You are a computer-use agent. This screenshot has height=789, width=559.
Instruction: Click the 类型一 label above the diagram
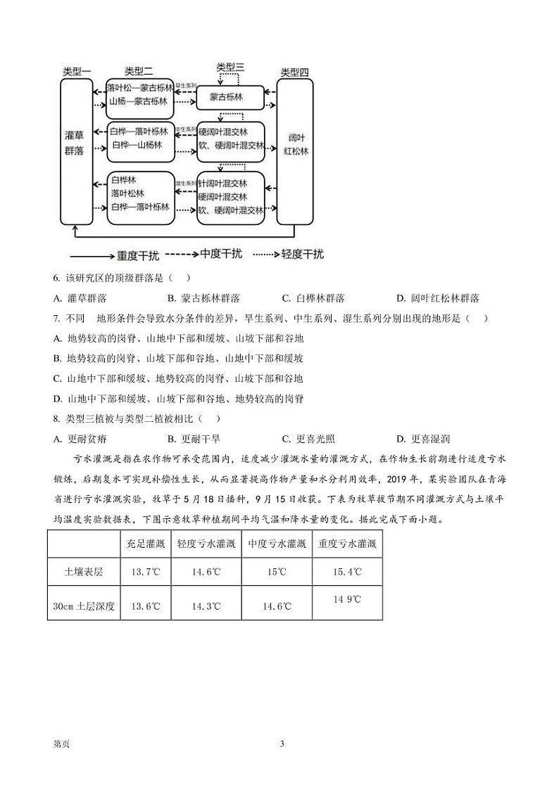(x=77, y=71)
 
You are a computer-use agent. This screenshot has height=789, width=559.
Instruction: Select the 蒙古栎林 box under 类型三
(x=229, y=98)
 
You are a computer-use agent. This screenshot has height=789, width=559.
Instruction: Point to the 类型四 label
(x=294, y=72)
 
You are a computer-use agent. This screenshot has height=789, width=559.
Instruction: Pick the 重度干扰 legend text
(x=140, y=255)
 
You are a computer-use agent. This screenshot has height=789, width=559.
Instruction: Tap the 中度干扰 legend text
(x=221, y=254)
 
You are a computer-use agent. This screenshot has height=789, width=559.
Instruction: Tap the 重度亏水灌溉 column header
(x=347, y=544)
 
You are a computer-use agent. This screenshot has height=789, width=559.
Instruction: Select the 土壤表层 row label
(x=83, y=572)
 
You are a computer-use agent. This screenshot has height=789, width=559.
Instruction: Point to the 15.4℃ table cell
(x=347, y=572)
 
